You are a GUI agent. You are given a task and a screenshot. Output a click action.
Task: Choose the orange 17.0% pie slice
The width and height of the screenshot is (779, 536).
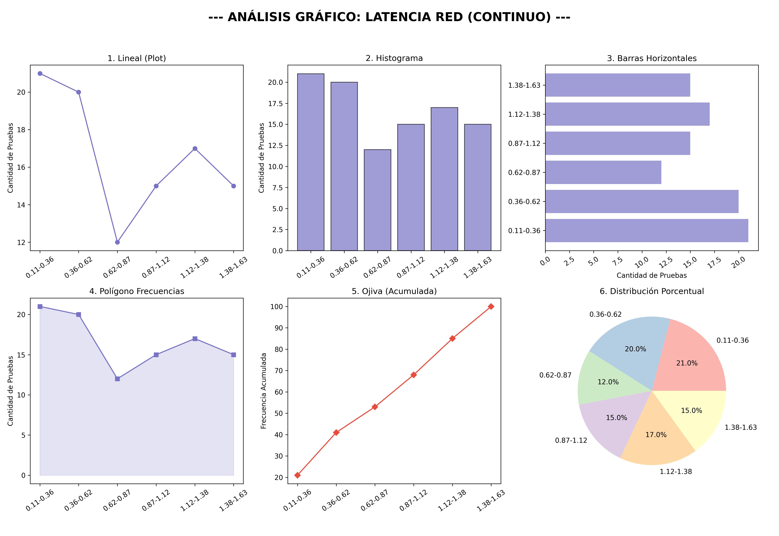tap(656, 437)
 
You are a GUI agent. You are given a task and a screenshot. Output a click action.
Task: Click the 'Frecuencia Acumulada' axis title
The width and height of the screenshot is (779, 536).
tap(264, 391)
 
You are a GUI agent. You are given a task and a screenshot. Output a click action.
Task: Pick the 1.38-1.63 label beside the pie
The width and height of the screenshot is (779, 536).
tap(740, 428)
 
